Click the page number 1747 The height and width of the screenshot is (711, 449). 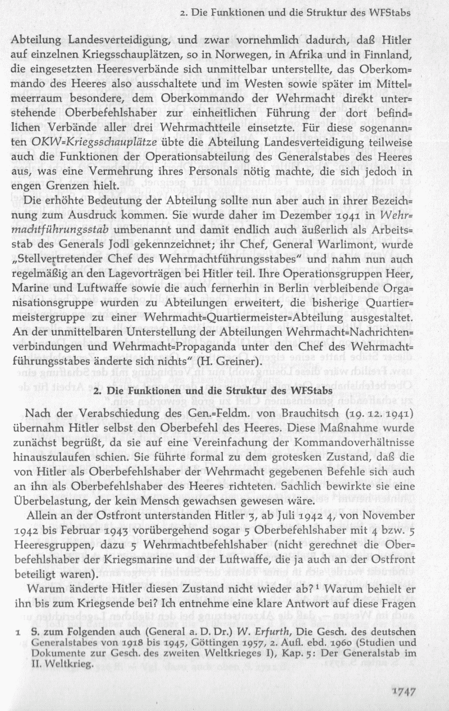coord(402,691)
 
